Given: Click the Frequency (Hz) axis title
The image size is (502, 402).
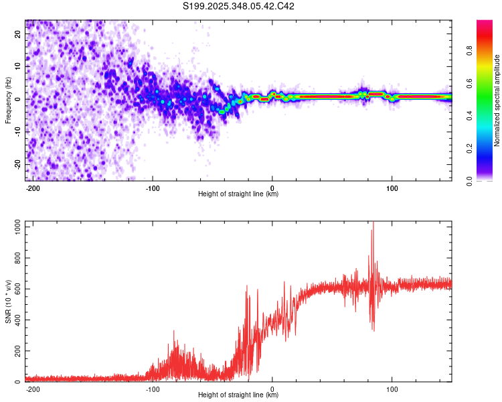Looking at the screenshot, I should tap(8, 99).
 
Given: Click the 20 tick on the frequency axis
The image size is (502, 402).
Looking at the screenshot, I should tap(18, 35).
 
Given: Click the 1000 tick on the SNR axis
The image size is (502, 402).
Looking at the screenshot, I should tap(13, 227).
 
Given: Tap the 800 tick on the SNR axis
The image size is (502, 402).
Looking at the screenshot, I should tap(15, 258).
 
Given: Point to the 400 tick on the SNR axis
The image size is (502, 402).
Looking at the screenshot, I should tap(15, 320).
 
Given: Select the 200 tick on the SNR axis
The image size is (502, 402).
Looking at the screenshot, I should tap(15, 351).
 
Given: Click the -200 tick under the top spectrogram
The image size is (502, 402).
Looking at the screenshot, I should tap(32, 188).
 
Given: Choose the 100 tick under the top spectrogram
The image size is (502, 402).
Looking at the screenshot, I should tap(392, 188).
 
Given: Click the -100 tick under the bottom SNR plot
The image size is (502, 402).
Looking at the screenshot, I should tap(152, 389).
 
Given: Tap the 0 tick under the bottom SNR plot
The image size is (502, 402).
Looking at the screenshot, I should tap(272, 389).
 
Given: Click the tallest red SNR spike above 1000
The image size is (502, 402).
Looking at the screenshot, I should tap(373, 224).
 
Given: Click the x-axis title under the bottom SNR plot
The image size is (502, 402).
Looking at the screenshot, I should tap(238, 395).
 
